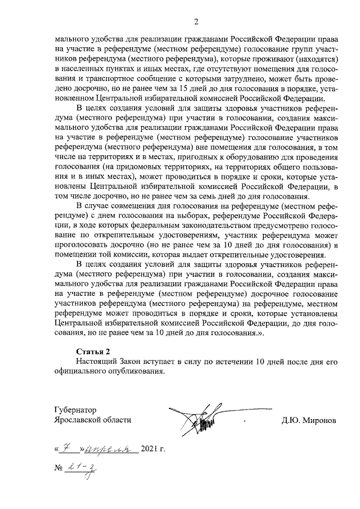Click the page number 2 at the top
coord(196,22)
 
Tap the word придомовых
coord(130,167)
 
